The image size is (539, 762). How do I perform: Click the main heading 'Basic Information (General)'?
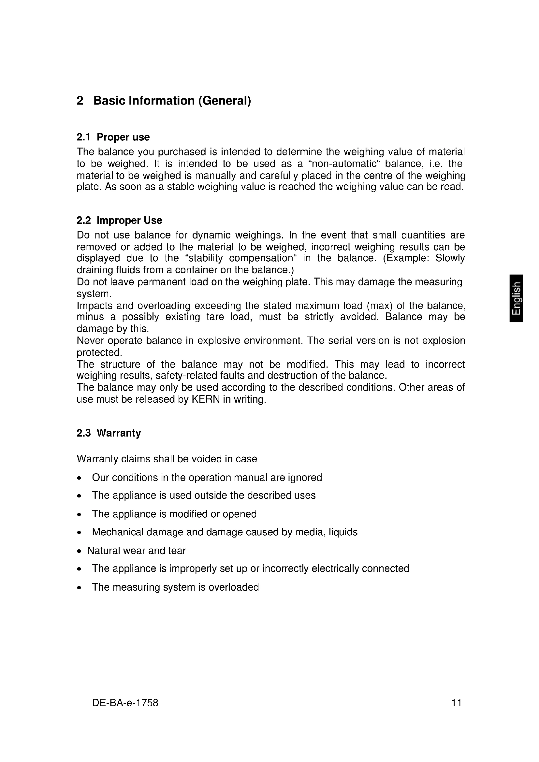pos(172,101)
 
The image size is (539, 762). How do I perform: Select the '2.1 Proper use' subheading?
pos(113,137)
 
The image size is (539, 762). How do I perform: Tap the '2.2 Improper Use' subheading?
pos(119,220)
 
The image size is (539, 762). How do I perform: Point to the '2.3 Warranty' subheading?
pos(109,433)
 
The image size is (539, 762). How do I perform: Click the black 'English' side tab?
pos(517,298)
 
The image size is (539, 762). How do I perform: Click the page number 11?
pos(456,703)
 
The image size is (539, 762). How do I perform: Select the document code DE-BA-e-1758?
pos(125,703)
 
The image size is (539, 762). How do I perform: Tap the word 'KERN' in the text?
pos(206,399)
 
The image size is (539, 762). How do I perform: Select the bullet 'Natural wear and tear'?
pos(137,551)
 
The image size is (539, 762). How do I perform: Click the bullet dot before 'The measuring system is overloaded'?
pos(79,588)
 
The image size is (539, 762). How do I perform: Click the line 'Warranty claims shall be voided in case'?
pos(167,459)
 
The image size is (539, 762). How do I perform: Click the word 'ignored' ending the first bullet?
pos(305,478)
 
